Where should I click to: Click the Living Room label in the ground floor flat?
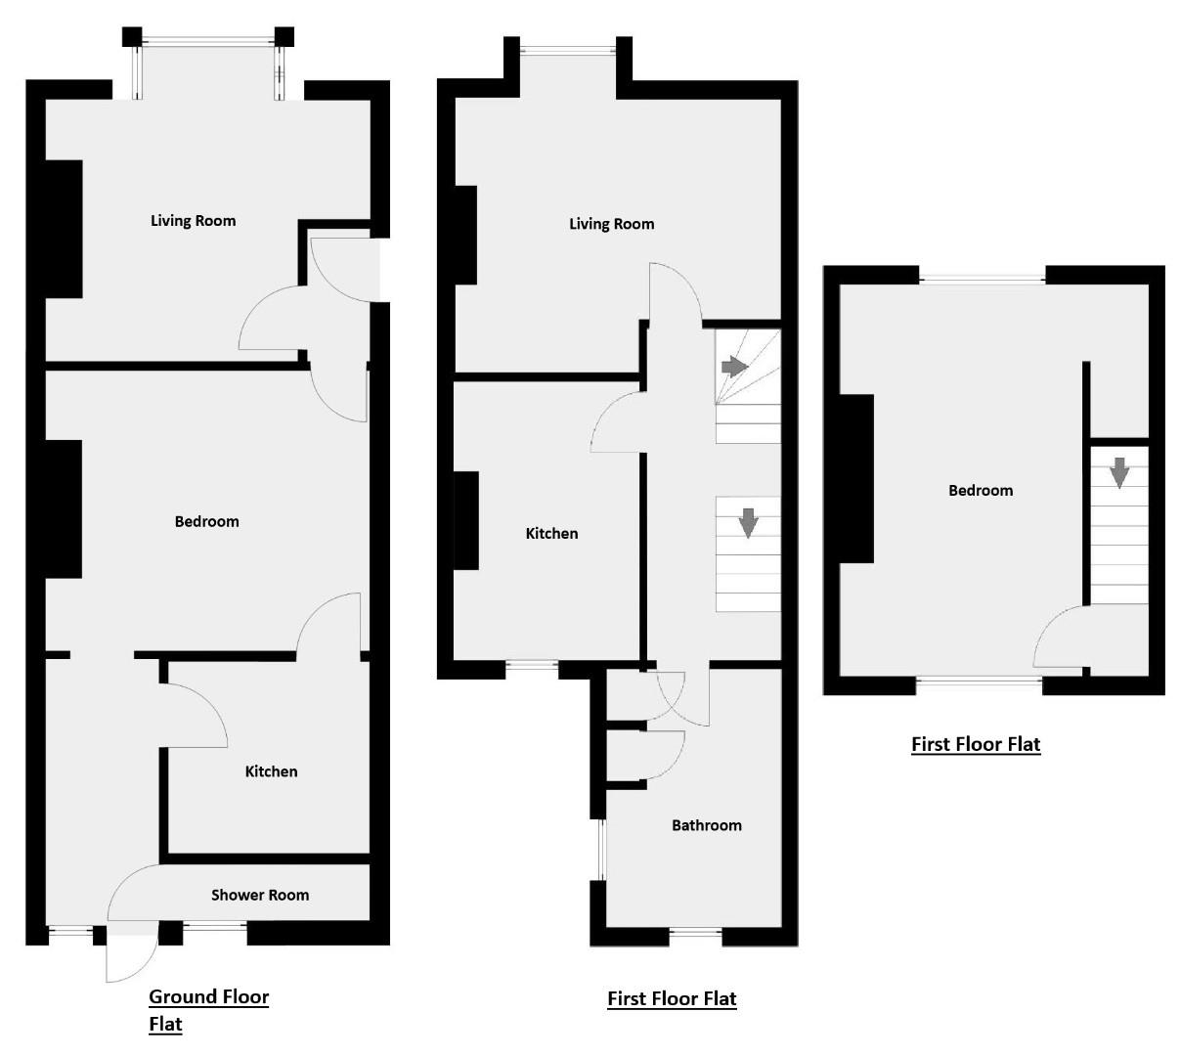(x=193, y=221)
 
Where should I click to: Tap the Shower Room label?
(x=260, y=895)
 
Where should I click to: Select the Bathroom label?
(x=706, y=825)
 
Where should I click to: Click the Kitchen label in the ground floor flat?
(x=271, y=771)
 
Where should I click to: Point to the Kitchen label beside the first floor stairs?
(x=551, y=533)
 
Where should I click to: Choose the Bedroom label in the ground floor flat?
(x=206, y=521)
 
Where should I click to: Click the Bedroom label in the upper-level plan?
(x=981, y=490)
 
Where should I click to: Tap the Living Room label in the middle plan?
(x=611, y=224)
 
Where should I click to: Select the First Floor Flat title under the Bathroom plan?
(x=672, y=998)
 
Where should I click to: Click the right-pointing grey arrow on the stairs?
(x=734, y=367)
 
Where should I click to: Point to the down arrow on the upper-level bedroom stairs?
(x=1119, y=472)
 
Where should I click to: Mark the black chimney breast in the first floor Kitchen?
(x=466, y=520)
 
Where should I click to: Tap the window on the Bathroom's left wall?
(x=601, y=850)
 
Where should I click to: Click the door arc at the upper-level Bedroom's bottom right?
(x=1058, y=636)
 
